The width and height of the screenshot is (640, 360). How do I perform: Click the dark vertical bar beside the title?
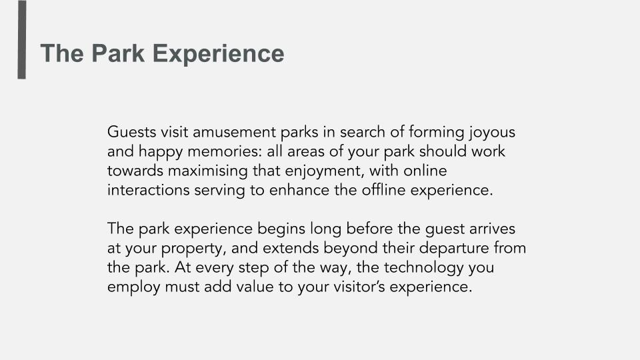21,39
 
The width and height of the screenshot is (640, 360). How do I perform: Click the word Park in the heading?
117,53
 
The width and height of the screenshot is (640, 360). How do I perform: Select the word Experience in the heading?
219,54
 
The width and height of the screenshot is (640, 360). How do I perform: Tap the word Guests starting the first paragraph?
132,132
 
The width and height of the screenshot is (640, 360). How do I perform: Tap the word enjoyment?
324,171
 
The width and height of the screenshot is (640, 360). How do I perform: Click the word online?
425,171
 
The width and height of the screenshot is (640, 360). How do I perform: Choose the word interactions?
149,190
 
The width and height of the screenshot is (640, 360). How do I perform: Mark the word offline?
383,190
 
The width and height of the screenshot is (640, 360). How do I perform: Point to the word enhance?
299,190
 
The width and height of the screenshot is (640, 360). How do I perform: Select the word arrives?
492,229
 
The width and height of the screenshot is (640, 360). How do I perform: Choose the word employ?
134,287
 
